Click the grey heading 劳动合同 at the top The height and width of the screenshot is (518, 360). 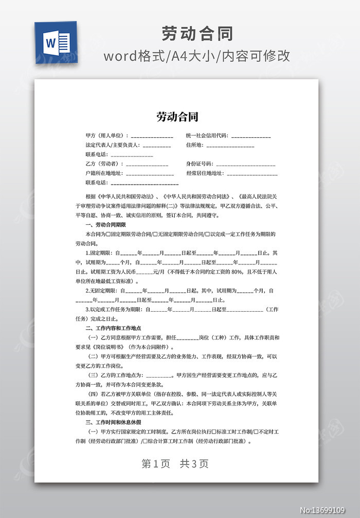point(197,33)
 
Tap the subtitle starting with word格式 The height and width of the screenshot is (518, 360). point(197,56)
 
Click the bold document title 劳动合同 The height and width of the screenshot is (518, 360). point(177,117)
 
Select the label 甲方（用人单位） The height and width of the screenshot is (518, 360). point(107,136)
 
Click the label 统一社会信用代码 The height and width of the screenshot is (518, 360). point(207,136)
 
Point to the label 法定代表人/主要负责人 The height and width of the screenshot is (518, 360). point(114,145)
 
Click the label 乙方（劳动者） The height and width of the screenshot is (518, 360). point(104,164)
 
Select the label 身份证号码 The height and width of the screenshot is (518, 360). point(200,164)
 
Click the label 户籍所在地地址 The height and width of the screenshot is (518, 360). point(104,173)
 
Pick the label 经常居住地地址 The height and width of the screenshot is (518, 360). point(205,173)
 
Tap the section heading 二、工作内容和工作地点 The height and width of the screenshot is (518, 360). point(113,328)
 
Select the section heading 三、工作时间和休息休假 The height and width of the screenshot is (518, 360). point(113,422)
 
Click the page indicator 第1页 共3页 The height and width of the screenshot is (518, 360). point(175,463)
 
